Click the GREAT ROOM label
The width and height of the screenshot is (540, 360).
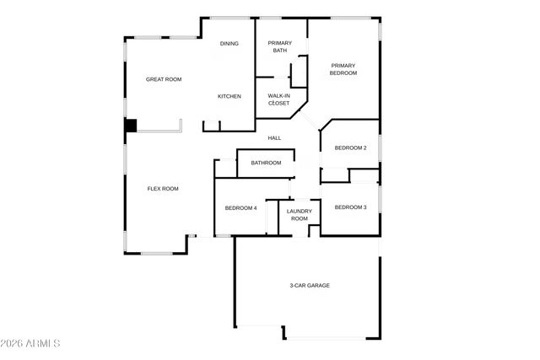[x=164, y=79]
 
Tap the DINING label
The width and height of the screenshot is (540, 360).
[x=229, y=44]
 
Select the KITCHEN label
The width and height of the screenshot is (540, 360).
[x=229, y=96]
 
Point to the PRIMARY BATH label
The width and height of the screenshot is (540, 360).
[x=279, y=47]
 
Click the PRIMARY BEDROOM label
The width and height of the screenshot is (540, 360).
[x=343, y=69]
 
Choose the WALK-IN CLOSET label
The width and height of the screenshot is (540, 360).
[x=279, y=99]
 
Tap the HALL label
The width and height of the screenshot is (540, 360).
[x=274, y=138]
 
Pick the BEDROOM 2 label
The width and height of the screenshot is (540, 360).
[x=350, y=148]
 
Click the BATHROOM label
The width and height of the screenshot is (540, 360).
[x=266, y=163]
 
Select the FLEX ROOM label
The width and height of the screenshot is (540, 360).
[x=163, y=189]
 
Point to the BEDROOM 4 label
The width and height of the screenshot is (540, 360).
[x=240, y=208]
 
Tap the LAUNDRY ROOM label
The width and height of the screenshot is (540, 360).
[x=300, y=215]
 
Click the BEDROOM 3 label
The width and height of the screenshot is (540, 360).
[x=350, y=207]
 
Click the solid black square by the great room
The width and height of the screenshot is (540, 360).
[x=131, y=126]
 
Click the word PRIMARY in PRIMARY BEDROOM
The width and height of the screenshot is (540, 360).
[x=343, y=65]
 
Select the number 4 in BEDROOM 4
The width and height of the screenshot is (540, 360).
[x=255, y=208]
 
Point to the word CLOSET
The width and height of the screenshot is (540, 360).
[x=279, y=104]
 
